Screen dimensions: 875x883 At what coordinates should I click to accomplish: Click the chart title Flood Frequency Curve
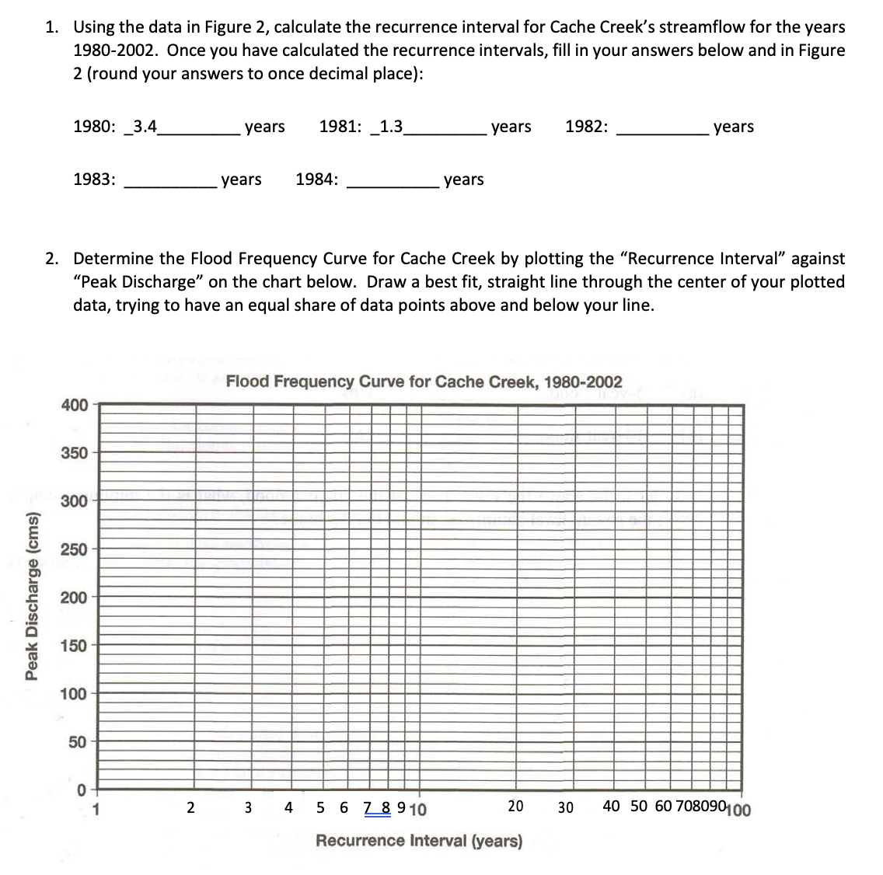tap(424, 382)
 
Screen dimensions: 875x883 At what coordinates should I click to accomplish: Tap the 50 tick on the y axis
tap(78, 742)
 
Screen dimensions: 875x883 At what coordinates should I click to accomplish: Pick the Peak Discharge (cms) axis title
tap(33, 597)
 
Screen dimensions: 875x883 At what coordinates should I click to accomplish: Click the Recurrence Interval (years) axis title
tap(419, 841)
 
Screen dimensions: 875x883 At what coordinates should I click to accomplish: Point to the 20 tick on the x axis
tap(515, 807)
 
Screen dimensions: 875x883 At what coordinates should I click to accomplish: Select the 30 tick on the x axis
tap(565, 807)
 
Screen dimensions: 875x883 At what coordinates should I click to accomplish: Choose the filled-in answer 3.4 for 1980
tap(145, 127)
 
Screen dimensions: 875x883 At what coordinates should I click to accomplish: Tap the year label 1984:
tap(316, 180)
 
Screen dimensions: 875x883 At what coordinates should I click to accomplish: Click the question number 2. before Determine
tap(52, 258)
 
